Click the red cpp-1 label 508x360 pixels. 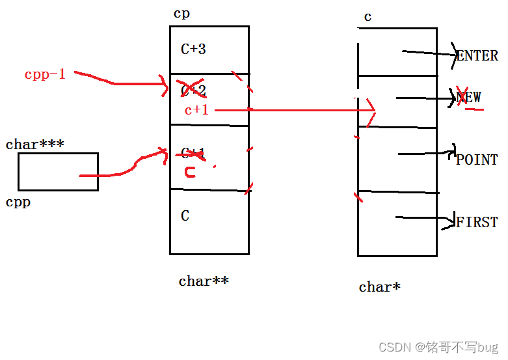[x=45, y=74]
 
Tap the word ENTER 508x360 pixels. [x=477, y=56]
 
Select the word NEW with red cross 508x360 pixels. [x=469, y=98]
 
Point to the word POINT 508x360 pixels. [x=477, y=159]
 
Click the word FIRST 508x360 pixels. [x=477, y=222]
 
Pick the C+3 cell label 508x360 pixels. [x=194, y=49]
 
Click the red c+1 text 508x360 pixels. [x=196, y=110]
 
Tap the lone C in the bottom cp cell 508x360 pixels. [x=185, y=216]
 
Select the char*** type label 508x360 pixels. [x=34, y=145]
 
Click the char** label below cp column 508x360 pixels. [x=204, y=281]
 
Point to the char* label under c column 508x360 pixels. [x=379, y=286]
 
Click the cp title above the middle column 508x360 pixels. [x=182, y=14]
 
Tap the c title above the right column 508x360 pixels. [x=368, y=17]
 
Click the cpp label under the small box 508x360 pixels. [x=18, y=202]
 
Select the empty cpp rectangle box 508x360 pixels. [x=58, y=172]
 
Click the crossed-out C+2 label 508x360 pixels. [x=193, y=90]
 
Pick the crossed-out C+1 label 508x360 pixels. [x=193, y=153]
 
